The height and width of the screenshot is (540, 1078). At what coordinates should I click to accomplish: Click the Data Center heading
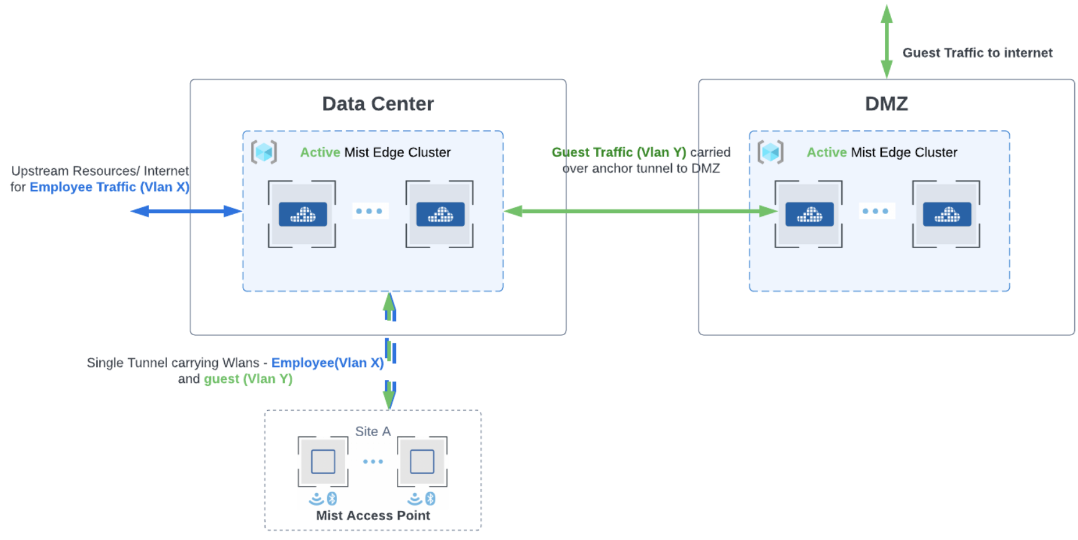[378, 104]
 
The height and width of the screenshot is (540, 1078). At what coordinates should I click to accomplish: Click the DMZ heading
[886, 104]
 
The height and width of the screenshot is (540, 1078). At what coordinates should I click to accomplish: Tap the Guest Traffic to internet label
[977, 53]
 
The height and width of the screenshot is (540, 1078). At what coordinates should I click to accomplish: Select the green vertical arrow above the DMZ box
[887, 41]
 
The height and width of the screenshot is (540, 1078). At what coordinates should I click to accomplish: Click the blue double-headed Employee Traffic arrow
[186, 211]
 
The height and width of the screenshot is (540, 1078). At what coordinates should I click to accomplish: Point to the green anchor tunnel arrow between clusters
[640, 211]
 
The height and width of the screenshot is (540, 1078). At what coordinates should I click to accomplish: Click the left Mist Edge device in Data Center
[302, 214]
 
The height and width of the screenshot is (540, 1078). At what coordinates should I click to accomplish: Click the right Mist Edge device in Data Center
[440, 214]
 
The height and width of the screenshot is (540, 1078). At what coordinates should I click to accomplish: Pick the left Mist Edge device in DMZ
[809, 214]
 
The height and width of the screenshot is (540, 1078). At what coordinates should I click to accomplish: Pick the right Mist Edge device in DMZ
[946, 214]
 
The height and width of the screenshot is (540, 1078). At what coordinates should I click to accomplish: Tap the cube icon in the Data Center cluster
[264, 152]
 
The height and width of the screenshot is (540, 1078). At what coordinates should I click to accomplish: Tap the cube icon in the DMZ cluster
[771, 152]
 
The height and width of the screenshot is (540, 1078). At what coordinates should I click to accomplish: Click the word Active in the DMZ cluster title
[827, 152]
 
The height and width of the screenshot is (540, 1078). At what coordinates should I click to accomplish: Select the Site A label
[373, 431]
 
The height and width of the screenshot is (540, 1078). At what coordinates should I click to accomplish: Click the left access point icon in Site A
[323, 462]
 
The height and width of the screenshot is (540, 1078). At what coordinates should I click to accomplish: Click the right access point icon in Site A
[422, 462]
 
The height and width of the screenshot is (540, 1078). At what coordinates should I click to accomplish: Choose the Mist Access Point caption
[373, 515]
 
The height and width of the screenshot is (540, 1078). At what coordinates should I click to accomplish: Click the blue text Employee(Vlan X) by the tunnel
[327, 362]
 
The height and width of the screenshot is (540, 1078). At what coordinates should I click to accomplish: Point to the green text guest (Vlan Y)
[248, 379]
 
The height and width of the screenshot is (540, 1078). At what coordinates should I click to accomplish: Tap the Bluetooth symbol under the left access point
[332, 498]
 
